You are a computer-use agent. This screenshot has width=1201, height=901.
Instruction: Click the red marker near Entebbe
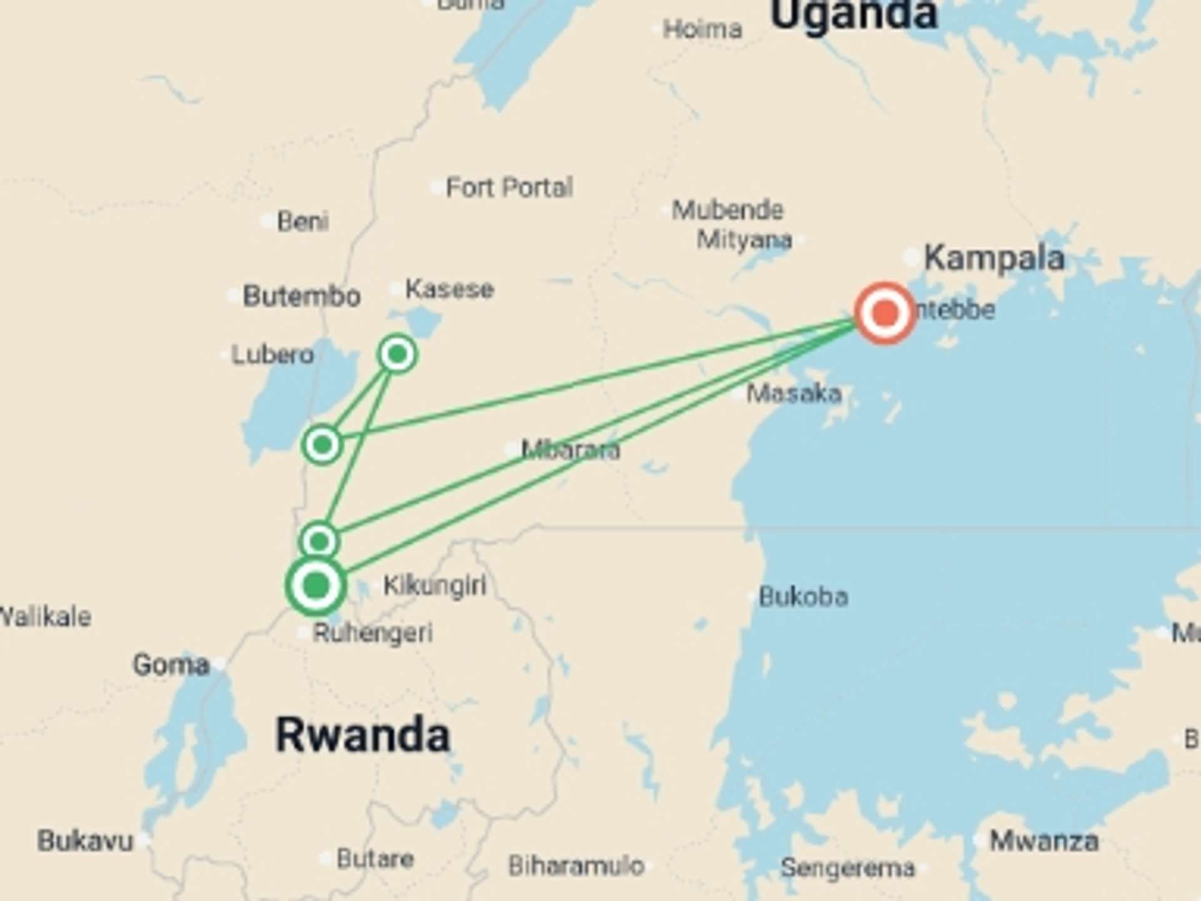point(884,312)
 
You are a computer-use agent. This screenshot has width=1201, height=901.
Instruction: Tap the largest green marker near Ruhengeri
point(316,586)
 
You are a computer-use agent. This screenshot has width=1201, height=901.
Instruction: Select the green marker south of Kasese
point(397,354)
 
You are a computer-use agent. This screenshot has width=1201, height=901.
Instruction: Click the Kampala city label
point(994,258)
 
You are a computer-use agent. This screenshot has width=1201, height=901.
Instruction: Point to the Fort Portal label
point(509,187)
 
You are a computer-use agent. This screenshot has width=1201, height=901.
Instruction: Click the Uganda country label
point(854,14)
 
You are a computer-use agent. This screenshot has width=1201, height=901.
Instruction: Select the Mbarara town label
point(570,449)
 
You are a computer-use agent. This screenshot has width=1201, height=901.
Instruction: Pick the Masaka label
point(794,394)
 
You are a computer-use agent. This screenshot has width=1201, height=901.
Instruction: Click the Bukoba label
point(803,597)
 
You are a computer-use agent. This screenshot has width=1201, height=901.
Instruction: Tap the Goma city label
point(171,664)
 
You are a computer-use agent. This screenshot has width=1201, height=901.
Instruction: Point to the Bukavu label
point(86,841)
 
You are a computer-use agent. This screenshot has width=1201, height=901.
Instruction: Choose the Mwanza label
point(1043,841)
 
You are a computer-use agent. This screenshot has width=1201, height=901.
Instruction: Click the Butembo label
point(302,295)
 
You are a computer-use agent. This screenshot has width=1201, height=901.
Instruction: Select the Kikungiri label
point(435,586)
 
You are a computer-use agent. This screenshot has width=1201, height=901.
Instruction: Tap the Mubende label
point(727,210)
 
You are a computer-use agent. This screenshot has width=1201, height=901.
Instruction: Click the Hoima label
point(702,29)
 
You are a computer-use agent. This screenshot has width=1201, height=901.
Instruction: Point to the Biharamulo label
point(575,866)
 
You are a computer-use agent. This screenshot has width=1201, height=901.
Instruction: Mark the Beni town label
point(303,221)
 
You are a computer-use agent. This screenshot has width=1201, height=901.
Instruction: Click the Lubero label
point(273,355)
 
